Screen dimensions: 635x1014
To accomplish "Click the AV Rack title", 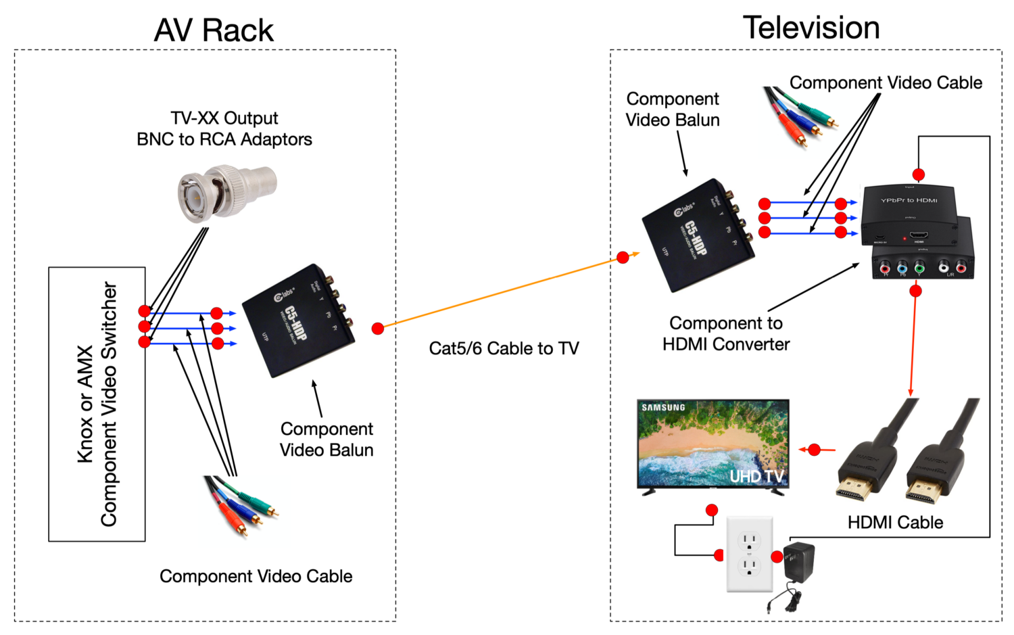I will pyautogui.click(x=214, y=30).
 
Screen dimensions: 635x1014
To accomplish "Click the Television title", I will pyautogui.click(x=811, y=28).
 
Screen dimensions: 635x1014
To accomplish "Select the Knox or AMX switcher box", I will pyautogui.click(x=97, y=404).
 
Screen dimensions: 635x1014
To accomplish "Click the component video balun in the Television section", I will pyautogui.click(x=698, y=235).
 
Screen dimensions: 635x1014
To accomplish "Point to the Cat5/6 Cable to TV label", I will pyautogui.click(x=504, y=348).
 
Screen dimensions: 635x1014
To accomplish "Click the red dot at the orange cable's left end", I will pyautogui.click(x=378, y=329).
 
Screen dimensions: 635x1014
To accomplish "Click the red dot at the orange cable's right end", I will pyautogui.click(x=623, y=257).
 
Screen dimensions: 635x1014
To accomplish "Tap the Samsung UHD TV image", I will pyautogui.click(x=713, y=444).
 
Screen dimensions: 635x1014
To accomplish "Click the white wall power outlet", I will pyautogui.click(x=749, y=554).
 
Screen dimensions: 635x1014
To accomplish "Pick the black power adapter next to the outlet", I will pyautogui.click(x=799, y=562).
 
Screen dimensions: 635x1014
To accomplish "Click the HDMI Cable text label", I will pyautogui.click(x=895, y=522).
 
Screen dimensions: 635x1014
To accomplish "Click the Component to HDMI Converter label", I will pyautogui.click(x=726, y=333).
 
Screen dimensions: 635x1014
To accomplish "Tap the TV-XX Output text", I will pyautogui.click(x=224, y=118).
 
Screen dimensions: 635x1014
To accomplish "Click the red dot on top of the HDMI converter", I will pyautogui.click(x=918, y=174).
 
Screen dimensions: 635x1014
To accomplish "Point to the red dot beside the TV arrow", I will pyautogui.click(x=815, y=449).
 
